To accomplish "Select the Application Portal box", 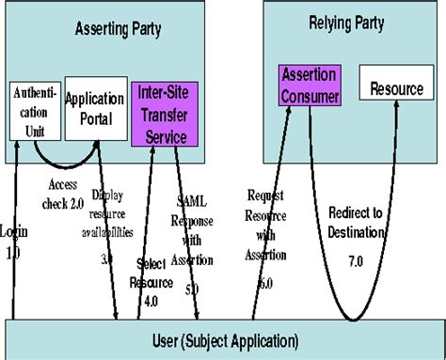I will coord(96,109).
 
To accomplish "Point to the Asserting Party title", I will coord(117,29).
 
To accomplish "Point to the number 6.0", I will coord(265,283).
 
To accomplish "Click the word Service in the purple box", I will coord(166,136).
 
